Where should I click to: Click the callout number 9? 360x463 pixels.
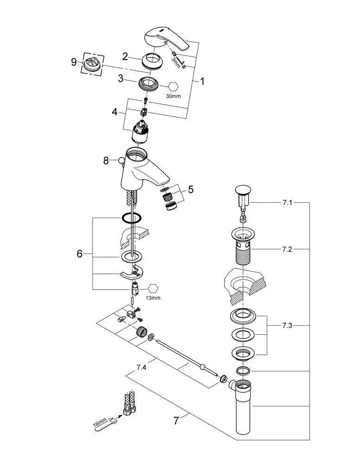(74, 61)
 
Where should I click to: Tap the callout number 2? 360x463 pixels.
(125, 56)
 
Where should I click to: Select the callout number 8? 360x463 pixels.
(106, 161)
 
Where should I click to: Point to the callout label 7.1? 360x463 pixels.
(287, 202)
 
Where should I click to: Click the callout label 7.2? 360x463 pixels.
(287, 250)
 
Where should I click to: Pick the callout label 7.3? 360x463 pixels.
(287, 325)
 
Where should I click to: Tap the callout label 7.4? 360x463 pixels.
(141, 368)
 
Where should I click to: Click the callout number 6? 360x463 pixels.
(80, 254)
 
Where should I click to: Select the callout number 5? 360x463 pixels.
(190, 189)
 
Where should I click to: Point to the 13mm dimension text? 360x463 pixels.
(153, 298)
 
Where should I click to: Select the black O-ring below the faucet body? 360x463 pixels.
(133, 217)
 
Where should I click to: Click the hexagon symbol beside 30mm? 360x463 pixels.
(172, 86)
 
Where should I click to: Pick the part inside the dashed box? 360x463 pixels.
(93, 64)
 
